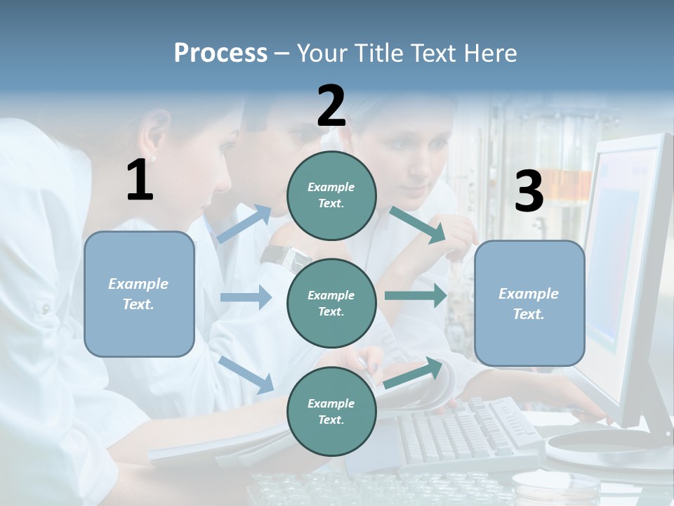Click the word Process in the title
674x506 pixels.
[x=220, y=53]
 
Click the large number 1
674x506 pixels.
[x=140, y=180]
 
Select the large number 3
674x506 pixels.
[x=529, y=191]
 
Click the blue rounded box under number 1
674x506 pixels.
[x=139, y=294]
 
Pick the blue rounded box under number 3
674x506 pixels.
[x=529, y=303]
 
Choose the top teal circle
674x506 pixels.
[x=331, y=195]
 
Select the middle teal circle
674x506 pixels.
[x=331, y=303]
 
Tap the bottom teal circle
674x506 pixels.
[x=331, y=411]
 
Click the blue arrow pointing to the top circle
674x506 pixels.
[x=244, y=224]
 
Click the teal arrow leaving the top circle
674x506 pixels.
[x=417, y=225]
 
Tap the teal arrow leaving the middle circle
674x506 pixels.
[x=415, y=295]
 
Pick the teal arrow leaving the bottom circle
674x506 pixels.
[x=414, y=372]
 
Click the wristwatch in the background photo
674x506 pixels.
[x=284, y=257]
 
